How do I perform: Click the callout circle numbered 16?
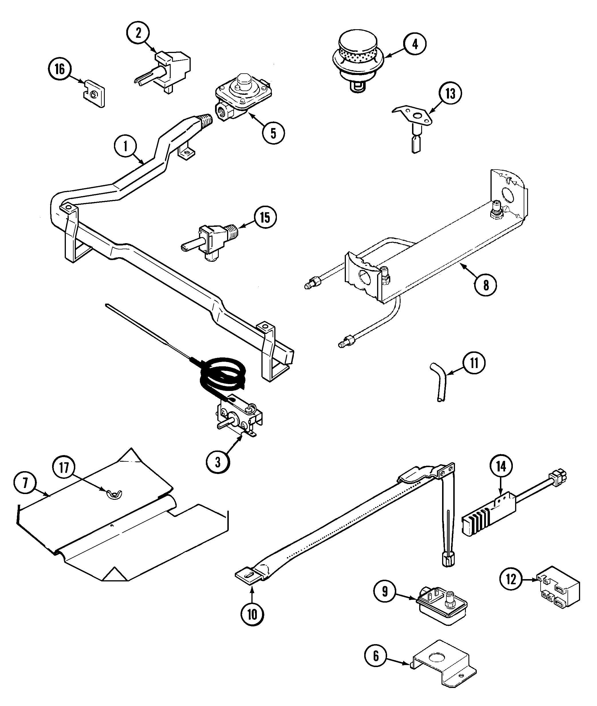point(60,69)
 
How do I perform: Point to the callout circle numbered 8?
point(486,285)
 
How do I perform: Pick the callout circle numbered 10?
point(252,614)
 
